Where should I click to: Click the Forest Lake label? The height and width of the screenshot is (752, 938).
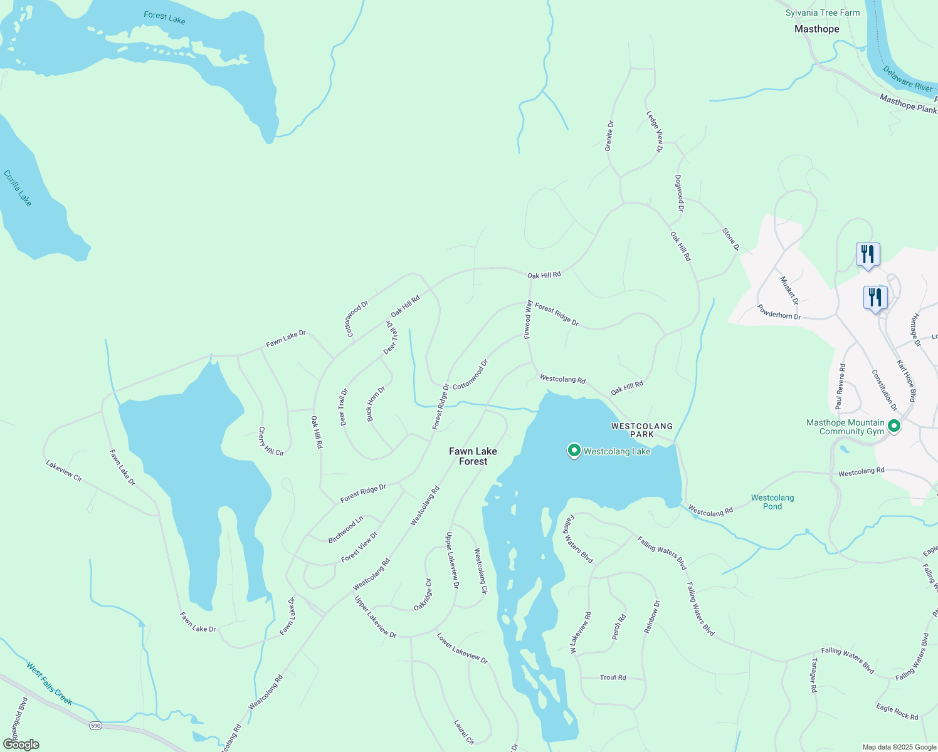164,18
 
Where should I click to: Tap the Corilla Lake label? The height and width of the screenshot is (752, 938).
18,188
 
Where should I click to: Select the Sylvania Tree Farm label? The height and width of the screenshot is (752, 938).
823,13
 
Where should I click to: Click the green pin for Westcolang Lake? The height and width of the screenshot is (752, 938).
574,451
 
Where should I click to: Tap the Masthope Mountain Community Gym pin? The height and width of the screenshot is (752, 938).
895,427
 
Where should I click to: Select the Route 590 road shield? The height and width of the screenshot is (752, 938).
95,725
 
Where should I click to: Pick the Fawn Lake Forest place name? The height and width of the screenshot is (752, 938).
473,456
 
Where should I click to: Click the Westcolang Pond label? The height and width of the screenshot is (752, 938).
772,502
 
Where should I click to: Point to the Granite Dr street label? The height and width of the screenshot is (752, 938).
609,136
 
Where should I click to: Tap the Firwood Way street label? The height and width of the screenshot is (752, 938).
529,319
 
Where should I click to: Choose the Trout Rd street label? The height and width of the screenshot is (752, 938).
613,677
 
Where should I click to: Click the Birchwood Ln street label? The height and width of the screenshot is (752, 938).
345,530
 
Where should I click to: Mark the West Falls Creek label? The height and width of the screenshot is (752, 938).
50,683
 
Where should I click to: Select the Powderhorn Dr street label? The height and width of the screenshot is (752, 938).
779,312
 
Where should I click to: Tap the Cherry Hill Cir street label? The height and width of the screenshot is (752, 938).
271,442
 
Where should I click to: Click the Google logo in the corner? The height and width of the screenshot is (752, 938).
21,744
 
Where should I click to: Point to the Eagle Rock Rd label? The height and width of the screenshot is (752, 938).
897,712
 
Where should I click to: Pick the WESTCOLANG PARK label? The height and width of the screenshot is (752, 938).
641,430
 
